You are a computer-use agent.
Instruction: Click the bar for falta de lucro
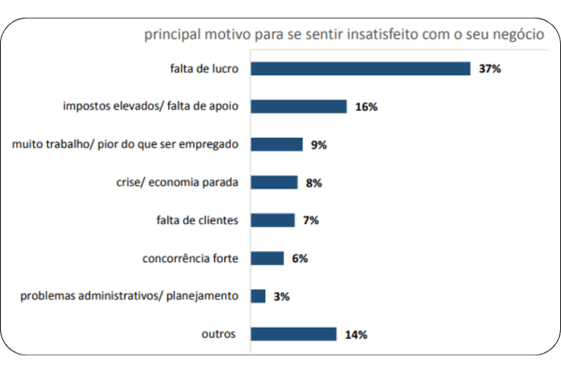[x=360, y=69]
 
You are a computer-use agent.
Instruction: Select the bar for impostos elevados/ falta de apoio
[x=298, y=107]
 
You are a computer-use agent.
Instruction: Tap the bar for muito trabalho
[x=276, y=145]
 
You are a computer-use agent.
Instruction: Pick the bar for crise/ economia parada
[x=274, y=182]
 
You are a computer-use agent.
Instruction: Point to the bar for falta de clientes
[x=272, y=220]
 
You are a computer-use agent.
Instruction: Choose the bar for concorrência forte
[x=267, y=258]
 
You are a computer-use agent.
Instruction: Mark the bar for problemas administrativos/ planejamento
[x=258, y=296]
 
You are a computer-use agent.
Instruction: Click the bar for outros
[x=293, y=334]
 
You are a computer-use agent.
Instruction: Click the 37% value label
[x=489, y=69]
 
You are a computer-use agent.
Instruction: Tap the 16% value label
[x=366, y=107]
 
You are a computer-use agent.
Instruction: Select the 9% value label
[x=318, y=145]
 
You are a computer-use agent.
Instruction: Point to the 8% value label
[x=314, y=183]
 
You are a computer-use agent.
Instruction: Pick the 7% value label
[x=310, y=220]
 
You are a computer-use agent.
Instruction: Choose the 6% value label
[x=299, y=258]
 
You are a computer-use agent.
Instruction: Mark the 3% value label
[x=282, y=296]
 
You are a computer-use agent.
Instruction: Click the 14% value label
[x=356, y=335]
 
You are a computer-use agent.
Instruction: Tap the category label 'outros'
[x=218, y=334]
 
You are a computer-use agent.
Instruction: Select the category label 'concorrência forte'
[x=190, y=258]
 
